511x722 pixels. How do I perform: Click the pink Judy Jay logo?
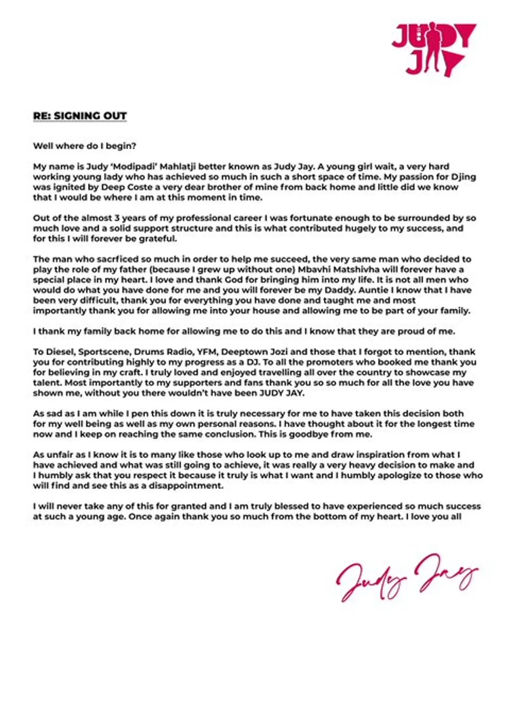433,49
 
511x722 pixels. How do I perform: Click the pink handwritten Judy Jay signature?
407,577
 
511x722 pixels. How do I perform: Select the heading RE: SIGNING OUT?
80,116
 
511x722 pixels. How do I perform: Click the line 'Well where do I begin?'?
85,146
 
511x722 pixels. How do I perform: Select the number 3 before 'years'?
124,218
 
